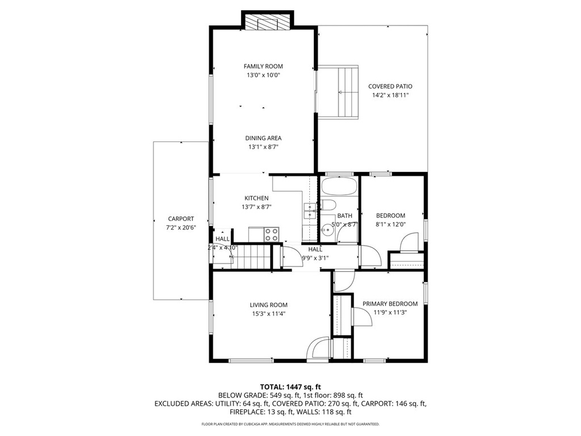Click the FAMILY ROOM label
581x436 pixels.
click(x=263, y=66)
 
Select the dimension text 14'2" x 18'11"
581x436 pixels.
click(x=390, y=95)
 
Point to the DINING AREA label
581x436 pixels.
click(x=263, y=138)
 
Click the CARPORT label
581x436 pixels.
click(x=180, y=219)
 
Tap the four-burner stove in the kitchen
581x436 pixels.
click(x=272, y=233)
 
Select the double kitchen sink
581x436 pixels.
click(x=310, y=211)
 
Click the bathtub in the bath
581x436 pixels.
click(x=339, y=187)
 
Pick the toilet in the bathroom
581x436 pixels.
click(x=329, y=206)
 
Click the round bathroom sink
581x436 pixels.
click(x=326, y=230)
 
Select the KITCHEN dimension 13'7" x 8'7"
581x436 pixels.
click(x=256, y=207)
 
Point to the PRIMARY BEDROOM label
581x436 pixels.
click(x=390, y=304)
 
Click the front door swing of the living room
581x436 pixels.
click(x=318, y=348)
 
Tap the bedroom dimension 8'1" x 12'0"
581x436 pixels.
click(x=390, y=224)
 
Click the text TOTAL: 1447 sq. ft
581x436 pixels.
click(x=290, y=387)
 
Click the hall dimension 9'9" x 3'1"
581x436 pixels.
click(x=315, y=258)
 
